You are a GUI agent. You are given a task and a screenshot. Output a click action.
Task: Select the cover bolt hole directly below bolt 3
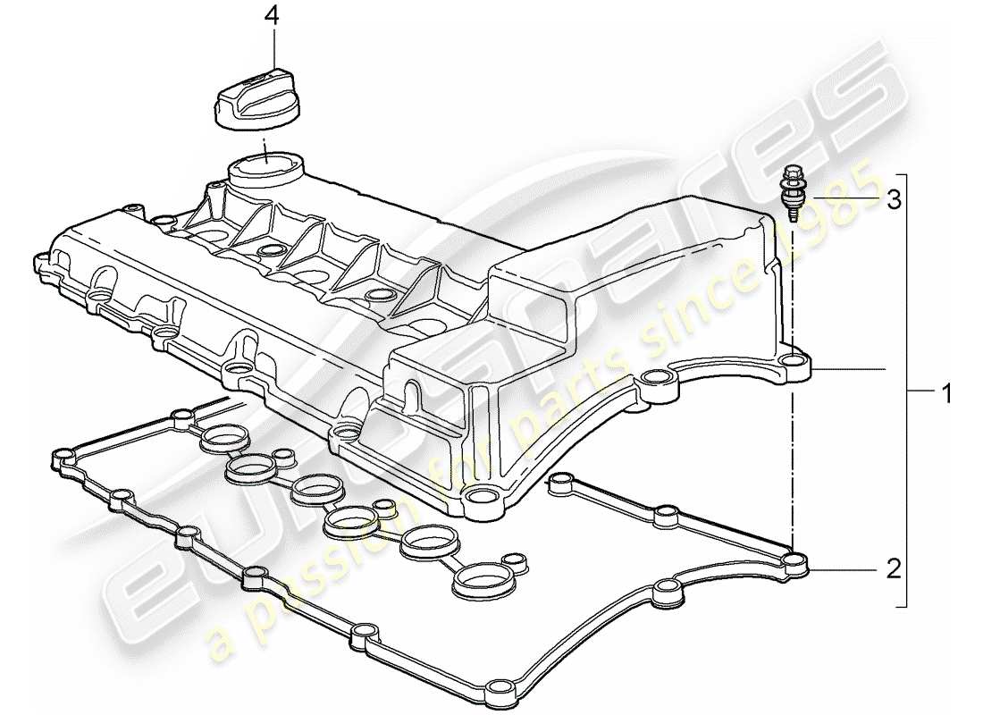(791, 362)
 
